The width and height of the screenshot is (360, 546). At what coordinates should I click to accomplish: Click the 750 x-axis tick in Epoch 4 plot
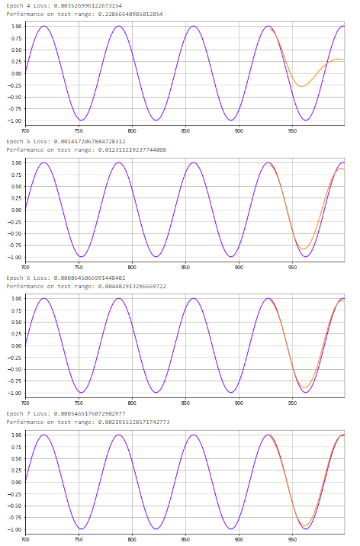click(79, 130)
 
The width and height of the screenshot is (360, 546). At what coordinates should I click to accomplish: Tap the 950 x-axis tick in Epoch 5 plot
click(292, 267)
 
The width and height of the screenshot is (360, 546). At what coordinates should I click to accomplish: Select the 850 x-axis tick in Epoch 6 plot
click(185, 403)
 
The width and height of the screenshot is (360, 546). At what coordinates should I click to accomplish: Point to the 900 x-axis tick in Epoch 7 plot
click(239, 539)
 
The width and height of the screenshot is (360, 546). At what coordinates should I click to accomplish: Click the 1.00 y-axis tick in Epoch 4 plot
click(15, 26)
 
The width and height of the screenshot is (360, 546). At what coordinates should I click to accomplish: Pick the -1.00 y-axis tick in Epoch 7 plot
click(14, 529)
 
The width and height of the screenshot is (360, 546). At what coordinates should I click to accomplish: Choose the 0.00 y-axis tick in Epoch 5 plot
click(15, 210)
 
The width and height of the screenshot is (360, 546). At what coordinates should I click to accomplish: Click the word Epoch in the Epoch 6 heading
click(14, 278)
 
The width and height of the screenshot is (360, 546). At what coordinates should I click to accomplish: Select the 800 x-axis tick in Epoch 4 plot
click(132, 130)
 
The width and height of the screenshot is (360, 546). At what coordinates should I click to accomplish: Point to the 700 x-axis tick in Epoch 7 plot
click(25, 539)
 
